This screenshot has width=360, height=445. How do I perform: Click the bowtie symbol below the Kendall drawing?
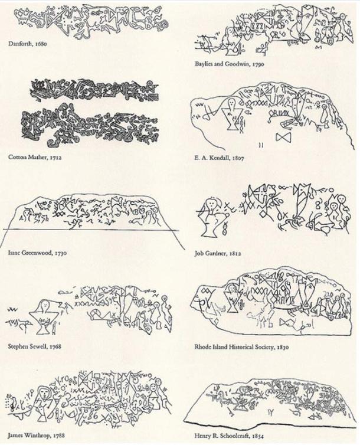284,138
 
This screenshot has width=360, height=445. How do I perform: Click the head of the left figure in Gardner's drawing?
208,202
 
